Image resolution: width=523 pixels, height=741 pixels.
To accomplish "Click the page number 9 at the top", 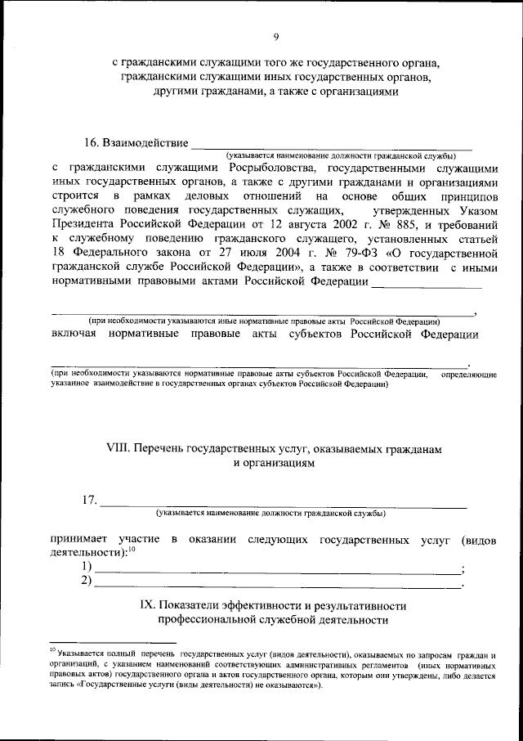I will pyautogui.click(x=276, y=37).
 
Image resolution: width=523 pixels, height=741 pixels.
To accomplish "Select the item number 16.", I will pyautogui.click(x=93, y=143).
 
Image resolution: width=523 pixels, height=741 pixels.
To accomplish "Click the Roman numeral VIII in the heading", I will pyautogui.click(x=118, y=448).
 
